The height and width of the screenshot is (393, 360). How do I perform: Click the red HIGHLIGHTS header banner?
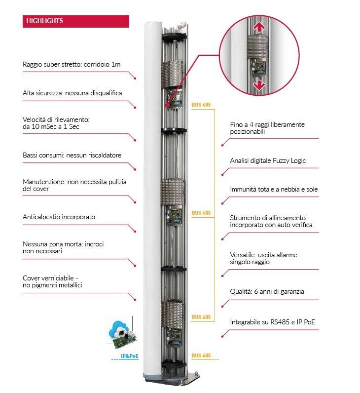(x=76, y=21)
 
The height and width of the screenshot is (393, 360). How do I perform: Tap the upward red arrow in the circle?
(x=259, y=27)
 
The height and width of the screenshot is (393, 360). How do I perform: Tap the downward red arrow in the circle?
(x=259, y=85)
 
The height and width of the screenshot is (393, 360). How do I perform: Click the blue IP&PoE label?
(x=129, y=356)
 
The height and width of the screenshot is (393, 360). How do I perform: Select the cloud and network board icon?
(x=121, y=334)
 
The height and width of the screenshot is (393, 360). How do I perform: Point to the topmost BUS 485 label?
(x=201, y=105)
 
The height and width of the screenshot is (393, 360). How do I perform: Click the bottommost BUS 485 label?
(x=201, y=355)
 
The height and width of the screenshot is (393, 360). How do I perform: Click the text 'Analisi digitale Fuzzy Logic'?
(x=268, y=160)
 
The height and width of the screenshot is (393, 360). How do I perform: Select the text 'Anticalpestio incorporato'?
(x=59, y=217)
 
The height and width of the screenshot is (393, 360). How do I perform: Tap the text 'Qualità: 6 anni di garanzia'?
(x=267, y=291)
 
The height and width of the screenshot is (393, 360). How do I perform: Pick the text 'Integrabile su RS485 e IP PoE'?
(x=272, y=322)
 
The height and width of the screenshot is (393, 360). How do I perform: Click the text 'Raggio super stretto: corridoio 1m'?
(x=72, y=64)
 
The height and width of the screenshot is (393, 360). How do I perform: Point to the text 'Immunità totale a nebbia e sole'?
(x=274, y=189)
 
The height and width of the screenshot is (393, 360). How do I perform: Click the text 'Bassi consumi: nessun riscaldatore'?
(x=72, y=155)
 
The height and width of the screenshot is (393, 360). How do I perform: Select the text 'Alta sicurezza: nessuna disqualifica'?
(x=72, y=93)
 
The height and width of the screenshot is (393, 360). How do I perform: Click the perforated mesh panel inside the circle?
(x=257, y=47)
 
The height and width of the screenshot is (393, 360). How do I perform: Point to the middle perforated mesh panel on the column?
(x=173, y=192)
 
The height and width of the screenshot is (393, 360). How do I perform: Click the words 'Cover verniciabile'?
(x=48, y=278)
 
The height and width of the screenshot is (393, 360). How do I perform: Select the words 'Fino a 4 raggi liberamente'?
(x=267, y=124)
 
